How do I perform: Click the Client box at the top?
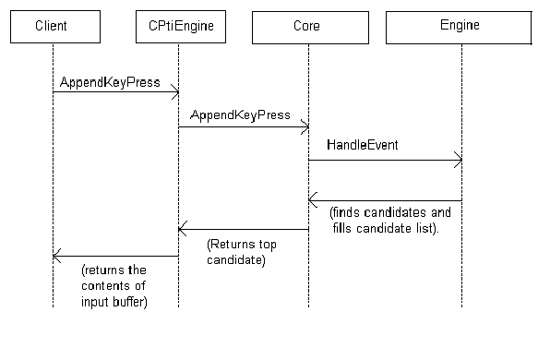click(53, 27)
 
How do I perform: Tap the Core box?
click(308, 27)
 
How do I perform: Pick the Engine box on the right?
click(459, 27)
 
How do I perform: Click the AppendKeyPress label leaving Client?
click(110, 82)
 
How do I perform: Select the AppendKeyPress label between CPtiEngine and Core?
click(240, 115)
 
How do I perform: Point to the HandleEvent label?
click(362, 147)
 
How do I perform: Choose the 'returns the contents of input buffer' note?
click(114, 286)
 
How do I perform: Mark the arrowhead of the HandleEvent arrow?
click(458, 161)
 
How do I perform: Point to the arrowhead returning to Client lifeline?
click(56, 256)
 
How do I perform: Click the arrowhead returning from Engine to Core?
click(313, 200)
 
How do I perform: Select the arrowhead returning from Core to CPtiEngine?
click(183, 229)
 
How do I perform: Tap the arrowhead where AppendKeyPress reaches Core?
click(305, 126)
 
